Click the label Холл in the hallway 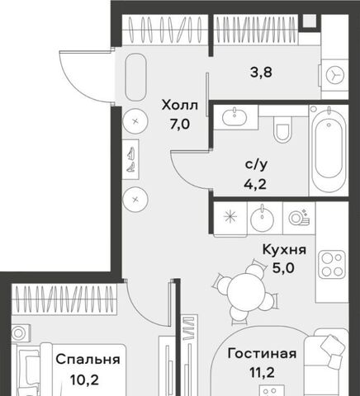180,105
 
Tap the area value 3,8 261,73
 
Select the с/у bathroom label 256,165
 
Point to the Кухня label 284,250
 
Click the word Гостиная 262,353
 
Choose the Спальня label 88,360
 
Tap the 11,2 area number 262,373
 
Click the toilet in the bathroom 282,130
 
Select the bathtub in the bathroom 329,148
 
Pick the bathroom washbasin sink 234,117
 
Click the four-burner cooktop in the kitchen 332,264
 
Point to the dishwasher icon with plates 299,217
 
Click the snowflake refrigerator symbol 230,216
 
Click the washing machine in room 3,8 335,75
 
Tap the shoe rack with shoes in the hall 130,160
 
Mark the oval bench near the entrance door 135,78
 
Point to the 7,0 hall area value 180,125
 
